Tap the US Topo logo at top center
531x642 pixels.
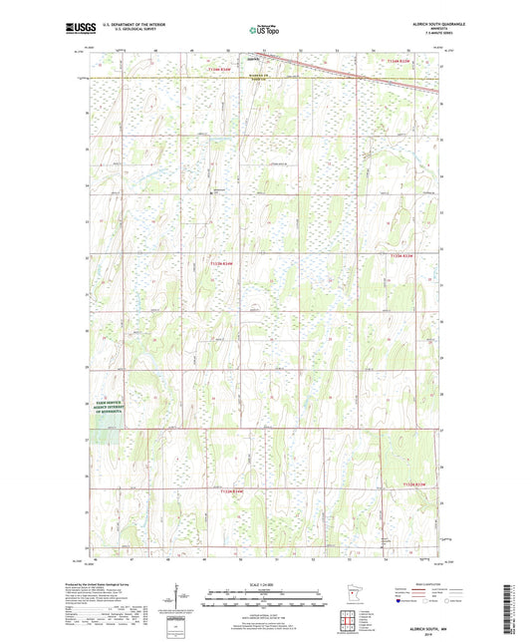(264, 30)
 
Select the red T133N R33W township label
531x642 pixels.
(399, 257)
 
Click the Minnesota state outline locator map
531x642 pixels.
(348, 602)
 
